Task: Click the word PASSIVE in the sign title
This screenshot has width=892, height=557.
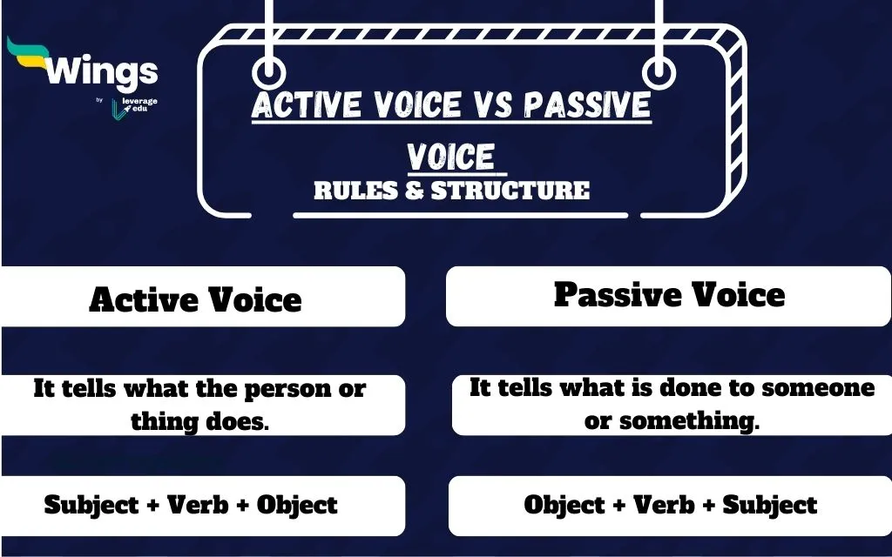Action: click(x=587, y=106)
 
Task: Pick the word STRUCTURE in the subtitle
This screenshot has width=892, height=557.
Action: click(x=510, y=190)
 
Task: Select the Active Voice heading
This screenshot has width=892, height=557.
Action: click(x=195, y=299)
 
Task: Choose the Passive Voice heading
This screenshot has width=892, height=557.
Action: click(x=669, y=294)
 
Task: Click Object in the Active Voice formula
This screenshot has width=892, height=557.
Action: click(x=297, y=505)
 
